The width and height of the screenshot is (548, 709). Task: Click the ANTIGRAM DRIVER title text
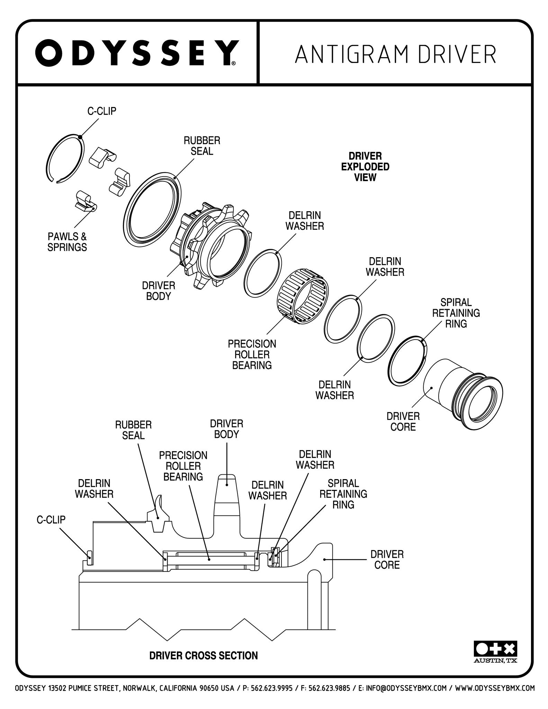pyautogui.click(x=396, y=53)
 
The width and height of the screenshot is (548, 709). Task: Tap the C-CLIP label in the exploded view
pyautogui.click(x=101, y=111)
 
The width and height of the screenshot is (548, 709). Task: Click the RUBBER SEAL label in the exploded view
pyautogui.click(x=202, y=146)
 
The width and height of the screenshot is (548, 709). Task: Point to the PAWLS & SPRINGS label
pyautogui.click(x=67, y=242)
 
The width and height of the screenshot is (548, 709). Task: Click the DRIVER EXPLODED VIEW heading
pyautogui.click(x=365, y=167)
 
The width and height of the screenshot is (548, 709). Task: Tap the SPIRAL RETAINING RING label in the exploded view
pyautogui.click(x=456, y=313)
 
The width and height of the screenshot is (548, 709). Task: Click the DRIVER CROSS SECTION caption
pyautogui.click(x=204, y=656)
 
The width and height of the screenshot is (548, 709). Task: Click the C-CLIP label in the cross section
pyautogui.click(x=51, y=520)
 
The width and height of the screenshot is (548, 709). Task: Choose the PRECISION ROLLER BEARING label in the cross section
pyautogui.click(x=183, y=466)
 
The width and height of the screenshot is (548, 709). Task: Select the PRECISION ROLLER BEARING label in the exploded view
pyautogui.click(x=252, y=354)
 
